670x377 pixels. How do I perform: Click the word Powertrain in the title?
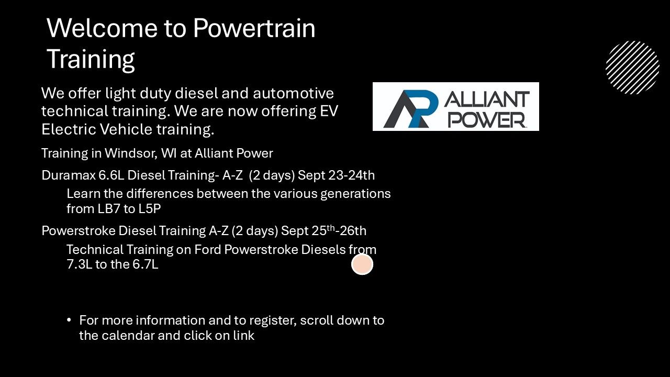tap(254, 28)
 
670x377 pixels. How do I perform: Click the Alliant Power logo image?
tap(456, 106)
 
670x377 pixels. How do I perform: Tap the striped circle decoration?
tap(633, 68)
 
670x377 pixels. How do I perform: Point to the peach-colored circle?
tap(362, 264)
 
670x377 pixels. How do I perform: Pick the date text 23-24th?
tap(351, 175)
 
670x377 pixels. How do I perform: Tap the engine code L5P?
tap(150, 209)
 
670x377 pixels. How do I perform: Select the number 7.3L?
tap(80, 264)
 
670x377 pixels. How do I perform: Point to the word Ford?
tap(208, 250)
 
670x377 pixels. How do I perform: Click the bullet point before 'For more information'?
tap(69, 320)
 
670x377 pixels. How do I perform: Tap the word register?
tap(273, 321)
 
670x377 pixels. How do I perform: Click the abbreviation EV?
tap(329, 111)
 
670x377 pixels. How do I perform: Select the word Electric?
tap(69, 129)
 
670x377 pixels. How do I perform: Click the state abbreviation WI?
tap(169, 153)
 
